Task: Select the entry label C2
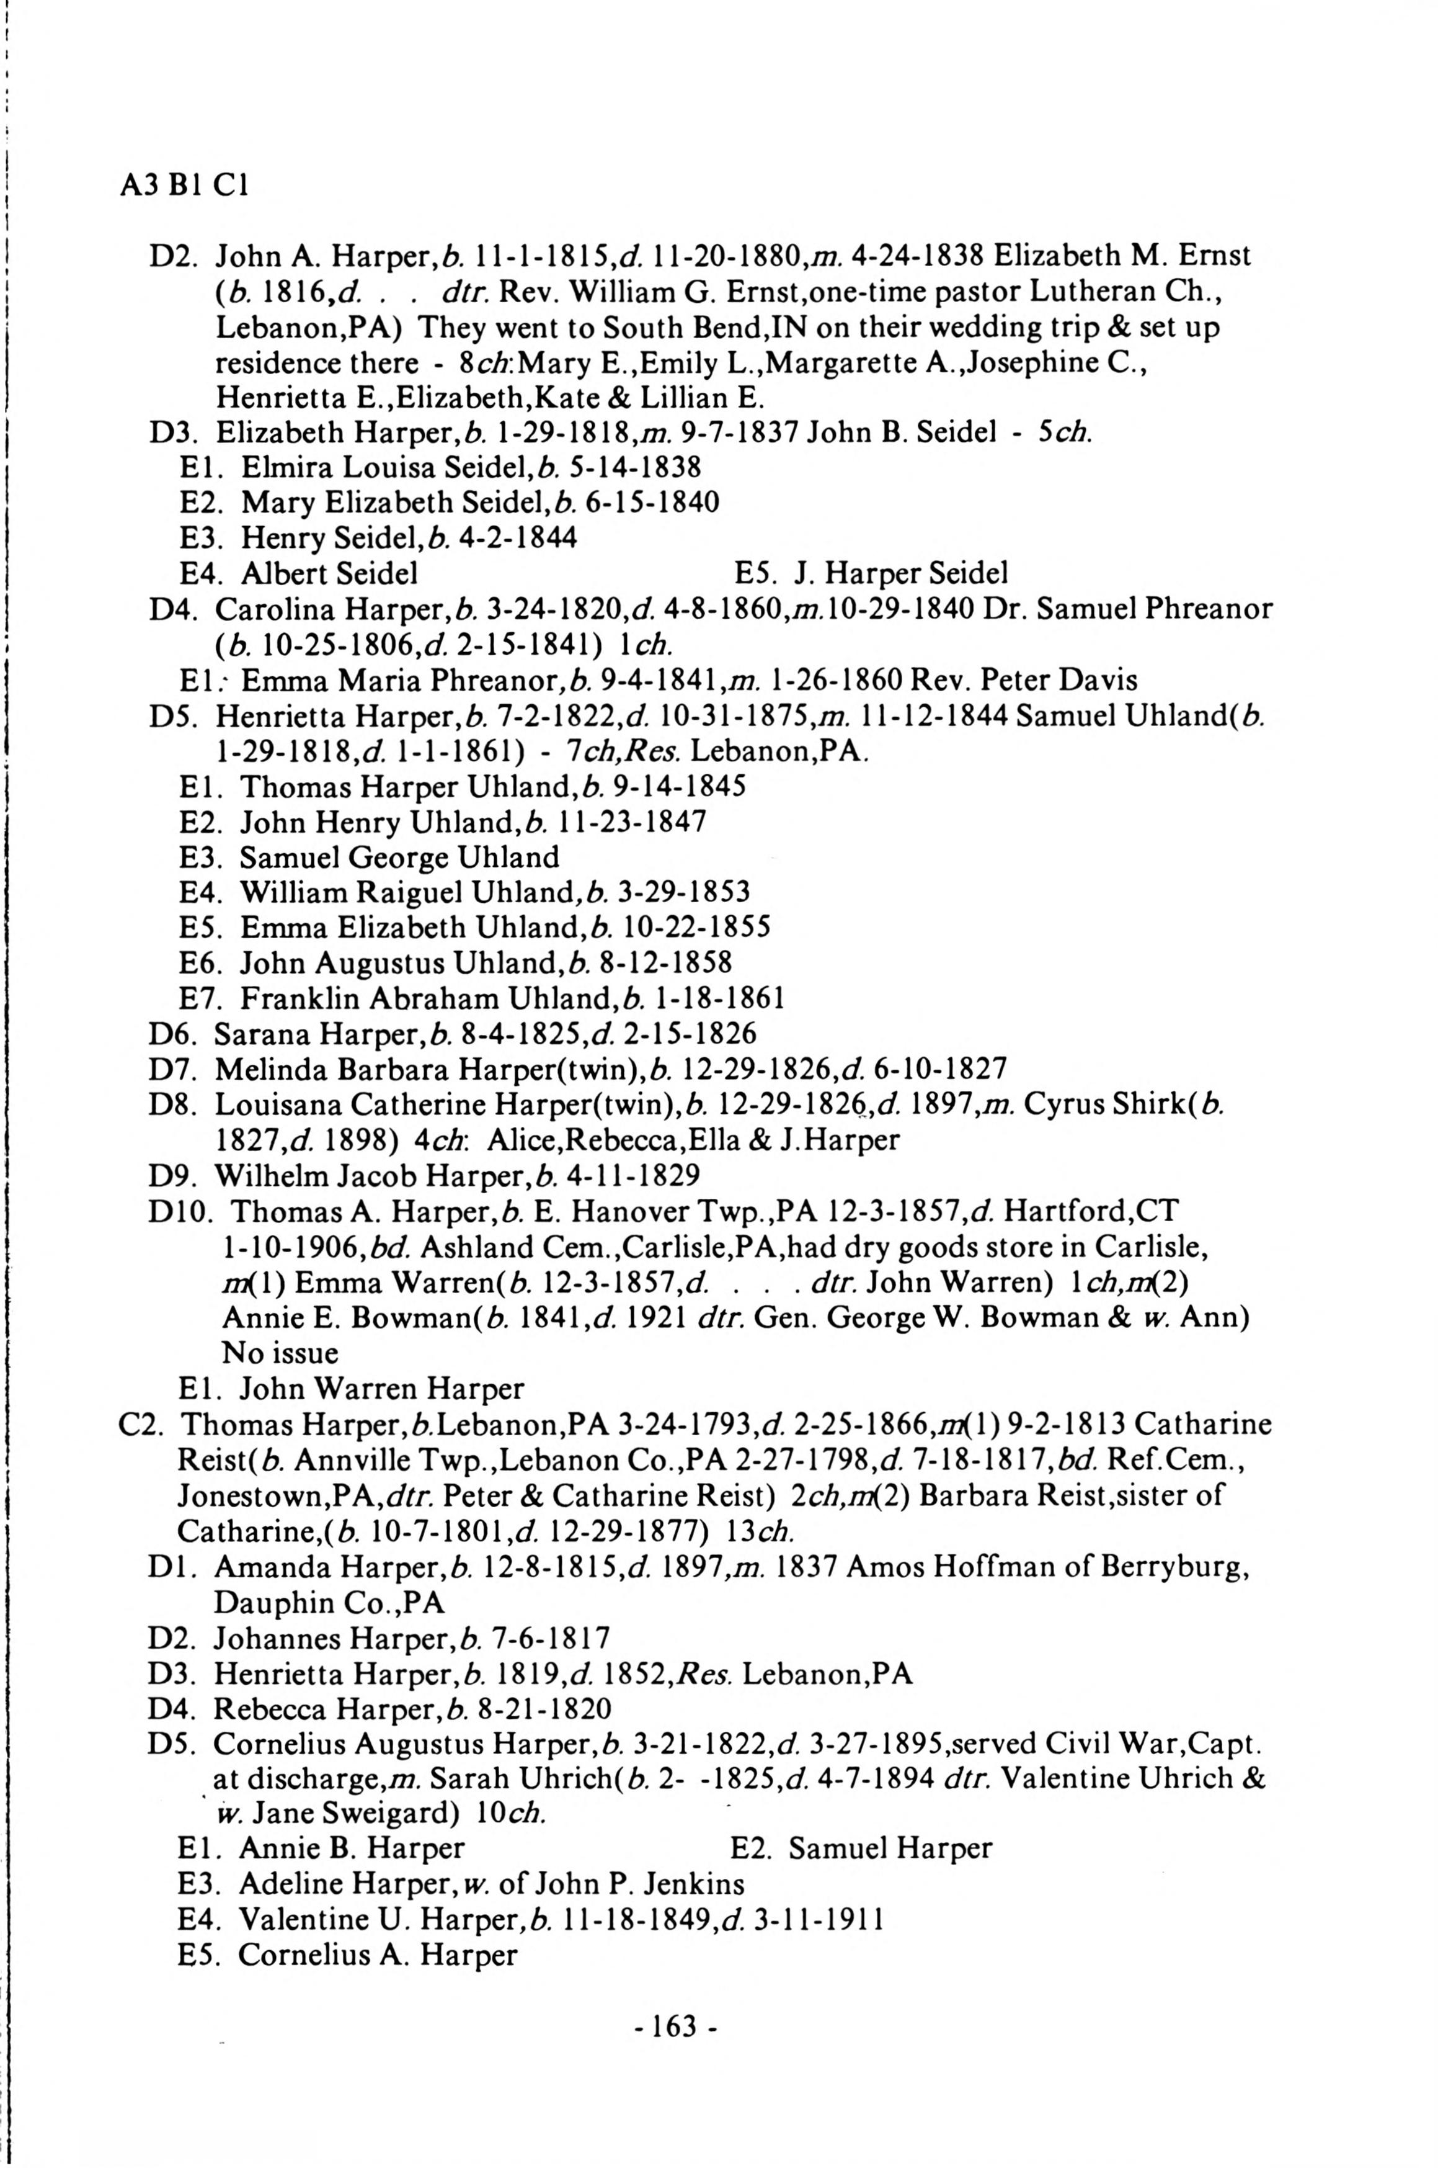click(x=140, y=1424)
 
